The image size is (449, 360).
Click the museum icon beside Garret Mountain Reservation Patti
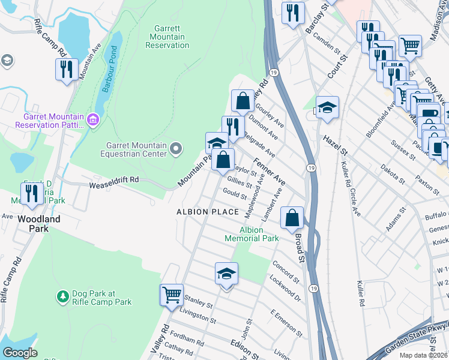tap(92, 121)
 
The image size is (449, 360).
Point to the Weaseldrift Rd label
tap(114, 179)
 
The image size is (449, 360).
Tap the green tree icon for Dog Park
tap(62, 296)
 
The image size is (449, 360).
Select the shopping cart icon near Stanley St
tap(172, 295)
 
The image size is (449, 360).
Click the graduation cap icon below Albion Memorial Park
tap(226, 274)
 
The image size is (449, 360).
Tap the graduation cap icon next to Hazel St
tap(327, 107)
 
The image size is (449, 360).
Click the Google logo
tap(20, 353)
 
